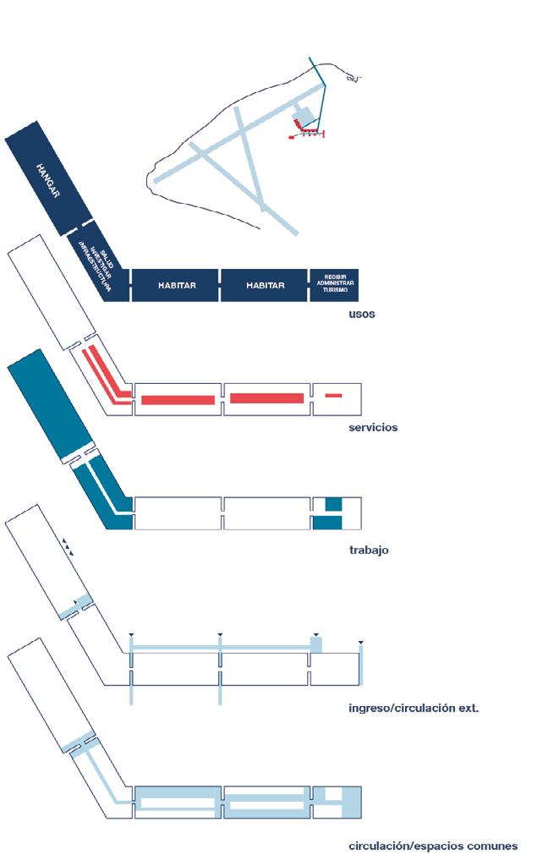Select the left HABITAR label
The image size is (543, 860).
coord(177,286)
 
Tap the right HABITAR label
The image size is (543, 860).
coord(266,286)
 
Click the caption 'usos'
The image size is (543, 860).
coord(361,315)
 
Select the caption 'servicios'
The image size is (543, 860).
coord(372,428)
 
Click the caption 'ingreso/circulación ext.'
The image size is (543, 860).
coord(414,707)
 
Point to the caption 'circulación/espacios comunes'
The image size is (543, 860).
coord(432,846)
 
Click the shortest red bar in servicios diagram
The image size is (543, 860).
coord(334,396)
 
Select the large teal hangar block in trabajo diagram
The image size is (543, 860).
coord(50,404)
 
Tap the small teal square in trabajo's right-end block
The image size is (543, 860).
coord(333,504)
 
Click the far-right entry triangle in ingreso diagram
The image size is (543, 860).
coord(361,644)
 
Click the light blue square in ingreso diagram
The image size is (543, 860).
coord(317,644)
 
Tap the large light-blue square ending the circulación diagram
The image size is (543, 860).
coord(350,801)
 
